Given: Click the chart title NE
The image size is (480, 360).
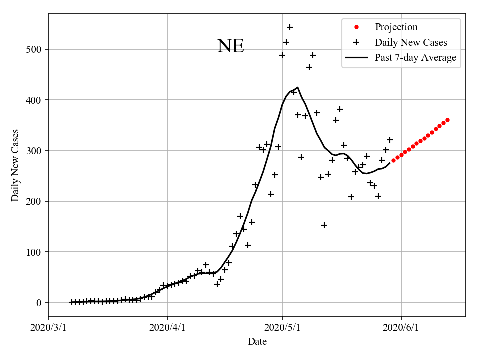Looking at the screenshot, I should pos(231,46).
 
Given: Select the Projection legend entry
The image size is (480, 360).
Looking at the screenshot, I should pos(396,27).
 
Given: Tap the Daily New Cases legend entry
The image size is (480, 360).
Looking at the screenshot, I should pos(410,42).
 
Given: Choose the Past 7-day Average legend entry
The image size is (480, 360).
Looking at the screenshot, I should pos(415,58).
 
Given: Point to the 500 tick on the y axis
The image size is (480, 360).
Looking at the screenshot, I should pos(37,49).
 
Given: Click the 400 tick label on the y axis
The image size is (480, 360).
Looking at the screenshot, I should pos(37,100).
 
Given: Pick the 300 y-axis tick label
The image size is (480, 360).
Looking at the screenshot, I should pos(37,151).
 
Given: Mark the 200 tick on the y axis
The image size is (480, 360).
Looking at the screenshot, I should pos(37,201).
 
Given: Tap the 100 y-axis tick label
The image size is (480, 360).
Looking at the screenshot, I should pos(37,252).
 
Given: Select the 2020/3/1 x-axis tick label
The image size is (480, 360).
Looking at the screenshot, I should pos(49,328).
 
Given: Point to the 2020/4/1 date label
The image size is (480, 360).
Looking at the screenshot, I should pos(167,328).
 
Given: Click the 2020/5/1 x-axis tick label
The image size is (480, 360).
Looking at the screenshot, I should pos(282,328).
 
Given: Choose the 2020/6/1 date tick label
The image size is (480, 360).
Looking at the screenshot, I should pos(401,328).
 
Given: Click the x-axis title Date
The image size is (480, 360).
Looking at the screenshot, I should pos(257,342).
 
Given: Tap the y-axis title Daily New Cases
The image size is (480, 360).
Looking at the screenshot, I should pos(15,165).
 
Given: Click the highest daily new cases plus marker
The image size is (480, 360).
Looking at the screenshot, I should pos(290,27).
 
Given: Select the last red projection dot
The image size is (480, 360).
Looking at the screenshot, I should pos(447,120).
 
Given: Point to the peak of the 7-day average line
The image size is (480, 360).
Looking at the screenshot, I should pos(298,87).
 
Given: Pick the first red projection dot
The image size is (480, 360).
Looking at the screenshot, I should pos(393,160).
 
